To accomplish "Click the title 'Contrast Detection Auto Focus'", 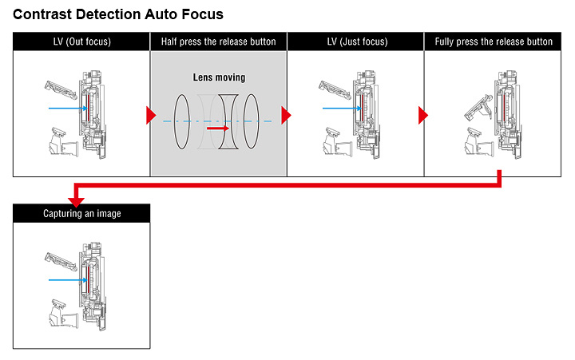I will pos(117,14).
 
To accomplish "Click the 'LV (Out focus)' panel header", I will pos(81,42).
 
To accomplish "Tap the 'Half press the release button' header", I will pos(218,42).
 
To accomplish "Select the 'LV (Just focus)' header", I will pos(355,42).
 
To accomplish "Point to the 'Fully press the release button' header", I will pos(494,42).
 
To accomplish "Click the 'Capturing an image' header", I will pos(81,213).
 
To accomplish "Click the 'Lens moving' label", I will pos(219,77).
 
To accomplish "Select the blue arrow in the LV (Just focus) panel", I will pos(340,108).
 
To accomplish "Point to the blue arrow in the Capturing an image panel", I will pos(65,279).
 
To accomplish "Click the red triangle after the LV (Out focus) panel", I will pos(150,116).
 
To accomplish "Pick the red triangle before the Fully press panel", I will pos(423,116).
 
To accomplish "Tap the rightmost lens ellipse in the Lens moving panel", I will pos(252,120).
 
